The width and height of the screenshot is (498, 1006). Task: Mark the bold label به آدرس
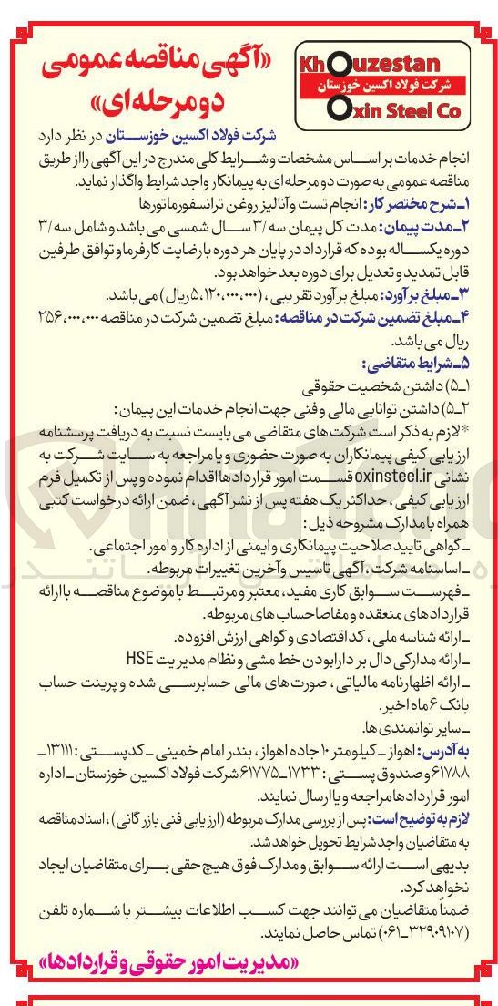coord(460,747)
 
